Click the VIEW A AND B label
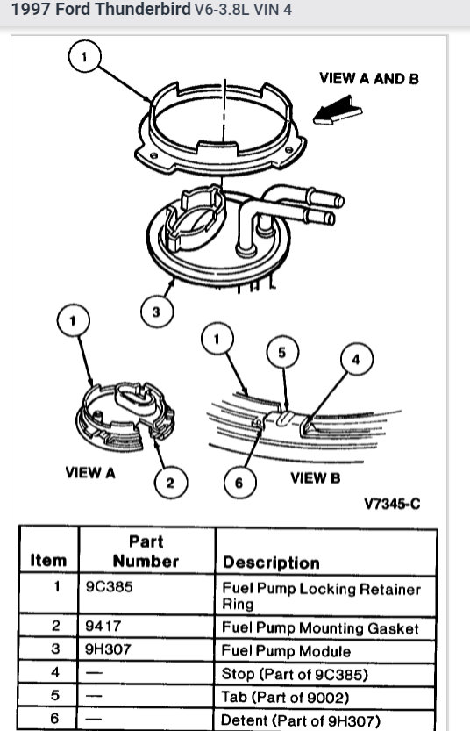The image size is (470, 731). tap(369, 78)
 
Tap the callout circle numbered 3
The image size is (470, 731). tap(156, 311)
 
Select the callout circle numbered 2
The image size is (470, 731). tap(170, 482)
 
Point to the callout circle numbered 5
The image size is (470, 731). tap(281, 352)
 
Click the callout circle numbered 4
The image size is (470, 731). tap(356, 359)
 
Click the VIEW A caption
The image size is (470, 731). tap(90, 472)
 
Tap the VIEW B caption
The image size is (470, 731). tap(315, 478)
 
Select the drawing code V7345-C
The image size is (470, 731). tap(392, 504)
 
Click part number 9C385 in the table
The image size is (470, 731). tap(110, 587)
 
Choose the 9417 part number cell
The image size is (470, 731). tap(104, 627)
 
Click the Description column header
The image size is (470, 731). tap(271, 563)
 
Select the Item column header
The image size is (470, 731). tap(48, 560)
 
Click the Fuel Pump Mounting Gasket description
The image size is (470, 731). tap(320, 628)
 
